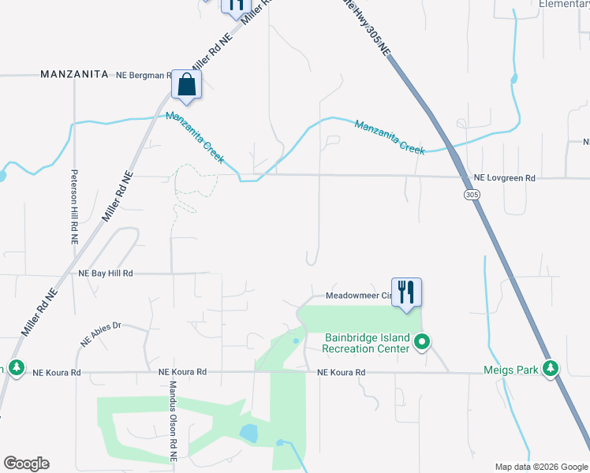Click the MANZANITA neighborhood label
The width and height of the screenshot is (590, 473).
[74, 74]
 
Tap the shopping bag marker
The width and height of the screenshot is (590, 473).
[186, 84]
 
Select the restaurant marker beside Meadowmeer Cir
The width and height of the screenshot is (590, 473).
[406, 292]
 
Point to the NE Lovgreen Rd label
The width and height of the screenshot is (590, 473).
[504, 179]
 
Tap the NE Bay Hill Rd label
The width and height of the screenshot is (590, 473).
[106, 273]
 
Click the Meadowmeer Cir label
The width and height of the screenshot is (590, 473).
[358, 296]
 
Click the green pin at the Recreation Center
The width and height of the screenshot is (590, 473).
[422, 342]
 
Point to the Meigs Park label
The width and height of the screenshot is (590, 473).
[510, 369]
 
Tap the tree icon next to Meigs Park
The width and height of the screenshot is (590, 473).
[551, 368]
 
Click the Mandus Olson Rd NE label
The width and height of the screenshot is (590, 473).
[173, 421]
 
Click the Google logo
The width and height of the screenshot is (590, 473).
[26, 464]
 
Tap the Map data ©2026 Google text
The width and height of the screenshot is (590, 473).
[540, 467]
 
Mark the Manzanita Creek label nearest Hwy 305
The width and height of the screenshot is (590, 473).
[390, 136]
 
